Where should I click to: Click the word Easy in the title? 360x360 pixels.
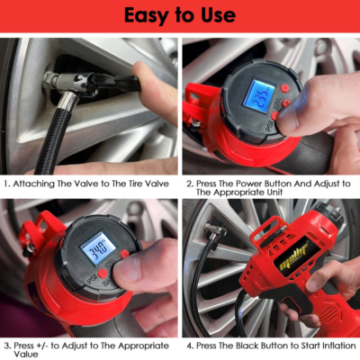(150, 15)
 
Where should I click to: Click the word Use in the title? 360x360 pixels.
(217, 15)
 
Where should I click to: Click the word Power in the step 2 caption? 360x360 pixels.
(248, 184)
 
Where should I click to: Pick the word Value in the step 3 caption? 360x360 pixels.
(26, 354)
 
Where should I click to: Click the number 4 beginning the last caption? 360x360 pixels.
(190, 345)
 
